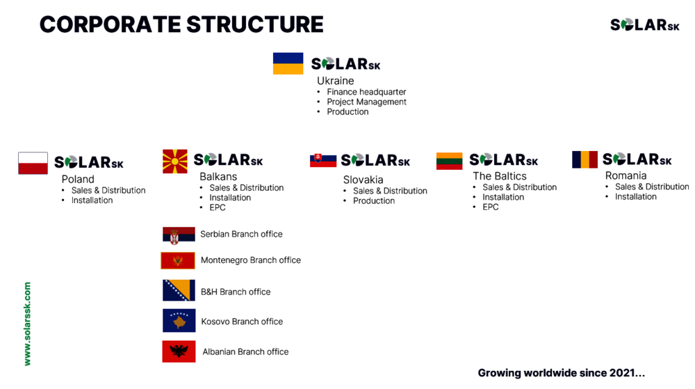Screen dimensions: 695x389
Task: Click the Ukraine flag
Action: [x=288, y=63]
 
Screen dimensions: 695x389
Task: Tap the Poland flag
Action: [x=33, y=164]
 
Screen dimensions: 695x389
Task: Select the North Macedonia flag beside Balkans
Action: [x=175, y=161]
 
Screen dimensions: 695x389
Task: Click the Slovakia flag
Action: [x=323, y=160]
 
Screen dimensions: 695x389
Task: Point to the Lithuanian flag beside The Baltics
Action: [x=450, y=161]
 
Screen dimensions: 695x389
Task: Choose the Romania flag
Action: [x=584, y=159]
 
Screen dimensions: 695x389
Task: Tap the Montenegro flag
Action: [x=178, y=261]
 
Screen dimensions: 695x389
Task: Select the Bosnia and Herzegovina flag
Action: [x=179, y=290]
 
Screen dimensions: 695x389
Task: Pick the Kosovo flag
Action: [x=179, y=321]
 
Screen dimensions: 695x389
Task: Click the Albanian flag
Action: [x=179, y=351]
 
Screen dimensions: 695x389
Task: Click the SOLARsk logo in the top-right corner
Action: [x=645, y=25]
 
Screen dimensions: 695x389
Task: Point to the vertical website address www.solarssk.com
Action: [x=27, y=324]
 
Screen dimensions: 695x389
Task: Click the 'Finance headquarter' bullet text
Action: [x=366, y=92]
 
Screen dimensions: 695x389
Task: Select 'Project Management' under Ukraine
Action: [x=366, y=102]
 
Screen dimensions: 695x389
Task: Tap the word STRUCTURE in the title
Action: [x=255, y=24]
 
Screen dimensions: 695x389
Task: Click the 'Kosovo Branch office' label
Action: [x=242, y=321]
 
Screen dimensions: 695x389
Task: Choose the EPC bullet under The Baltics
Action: [x=491, y=207]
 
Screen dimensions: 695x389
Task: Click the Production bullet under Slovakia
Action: [x=374, y=201]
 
